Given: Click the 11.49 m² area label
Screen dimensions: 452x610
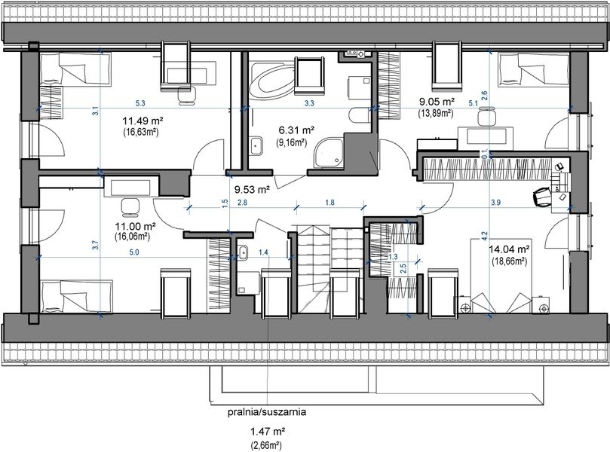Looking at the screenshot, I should [x=143, y=120].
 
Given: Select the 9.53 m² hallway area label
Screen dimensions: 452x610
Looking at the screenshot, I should [x=252, y=191].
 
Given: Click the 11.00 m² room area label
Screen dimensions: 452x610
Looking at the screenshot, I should [x=134, y=225].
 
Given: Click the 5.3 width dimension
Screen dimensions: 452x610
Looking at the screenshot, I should [x=140, y=103].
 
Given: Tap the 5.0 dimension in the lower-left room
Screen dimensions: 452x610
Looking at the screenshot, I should [x=133, y=252].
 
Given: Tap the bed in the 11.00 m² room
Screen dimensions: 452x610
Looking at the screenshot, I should [x=75, y=293].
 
